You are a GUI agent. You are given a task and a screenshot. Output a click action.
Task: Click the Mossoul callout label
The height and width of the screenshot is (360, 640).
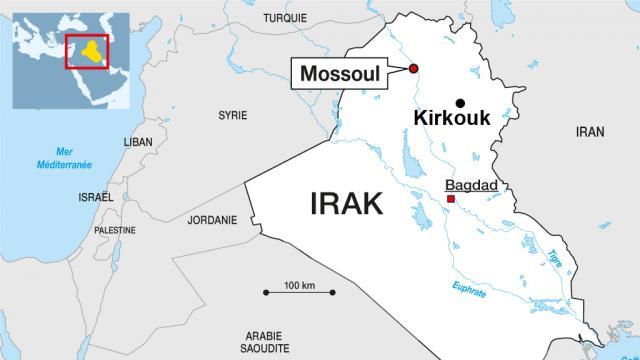pyautogui.click(x=345, y=72)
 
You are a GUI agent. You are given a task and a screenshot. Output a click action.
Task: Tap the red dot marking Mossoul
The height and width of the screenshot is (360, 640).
pyautogui.click(x=413, y=68)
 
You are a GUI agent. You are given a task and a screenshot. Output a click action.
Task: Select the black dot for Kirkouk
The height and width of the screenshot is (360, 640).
pyautogui.click(x=460, y=102)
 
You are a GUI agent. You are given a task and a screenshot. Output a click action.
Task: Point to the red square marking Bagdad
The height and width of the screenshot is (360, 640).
pyautogui.click(x=451, y=200)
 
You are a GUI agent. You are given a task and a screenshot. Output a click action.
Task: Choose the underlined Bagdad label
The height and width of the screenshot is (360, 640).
pyautogui.click(x=471, y=186)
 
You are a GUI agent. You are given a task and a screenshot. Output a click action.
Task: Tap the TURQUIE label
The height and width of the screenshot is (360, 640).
pyautogui.click(x=285, y=18)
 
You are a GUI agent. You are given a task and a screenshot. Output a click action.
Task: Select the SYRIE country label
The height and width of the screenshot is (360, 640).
pyautogui.click(x=232, y=115)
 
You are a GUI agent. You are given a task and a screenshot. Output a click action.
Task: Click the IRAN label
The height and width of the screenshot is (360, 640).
pyautogui.click(x=590, y=132)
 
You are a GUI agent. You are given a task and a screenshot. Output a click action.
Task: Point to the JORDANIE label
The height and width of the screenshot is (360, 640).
pyautogui.click(x=213, y=220)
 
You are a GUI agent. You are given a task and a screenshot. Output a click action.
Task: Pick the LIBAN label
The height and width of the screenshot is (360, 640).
pyautogui.click(x=138, y=142)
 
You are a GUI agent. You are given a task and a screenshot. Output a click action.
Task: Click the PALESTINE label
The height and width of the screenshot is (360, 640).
pyautogui.click(x=114, y=230)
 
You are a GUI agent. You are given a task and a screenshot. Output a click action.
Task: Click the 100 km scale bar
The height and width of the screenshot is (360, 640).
pyautogui.click(x=297, y=291)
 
